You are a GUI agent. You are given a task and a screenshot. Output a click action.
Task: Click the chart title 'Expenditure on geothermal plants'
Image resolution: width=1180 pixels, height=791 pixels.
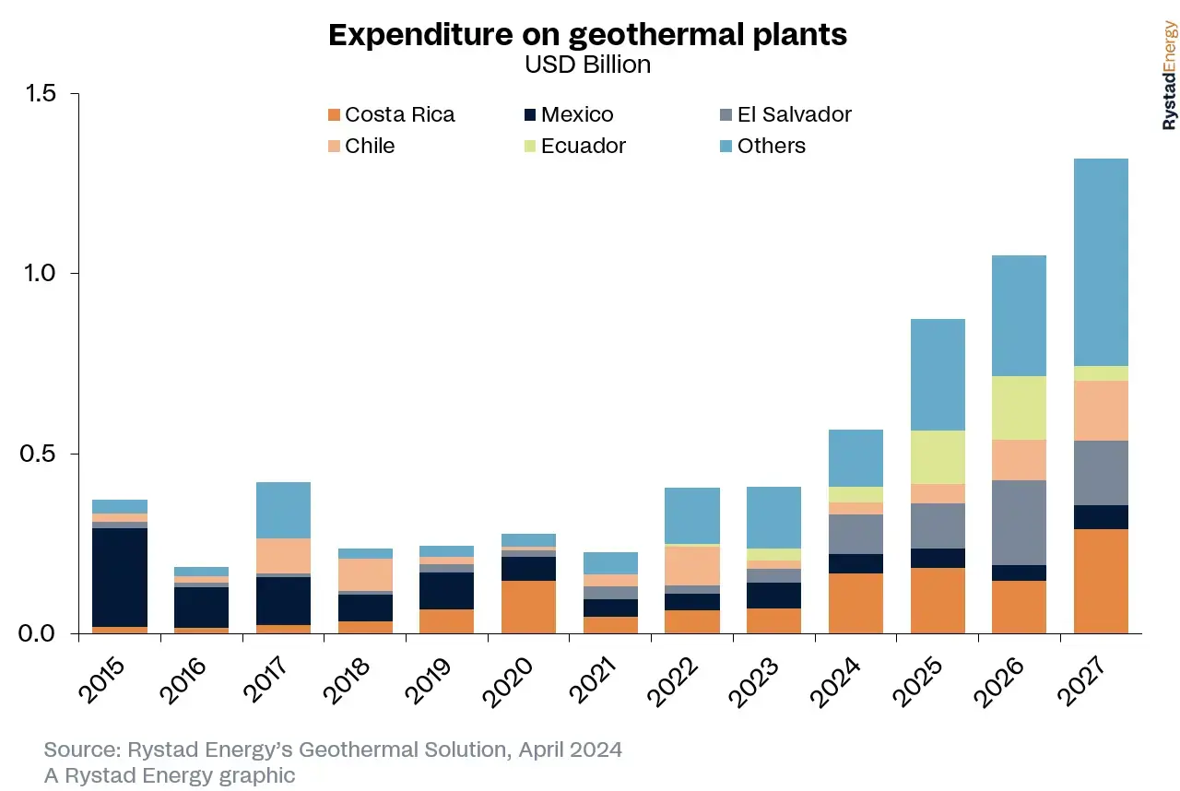587,35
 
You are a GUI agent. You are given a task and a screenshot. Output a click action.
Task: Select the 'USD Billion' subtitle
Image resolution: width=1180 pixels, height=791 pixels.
587,65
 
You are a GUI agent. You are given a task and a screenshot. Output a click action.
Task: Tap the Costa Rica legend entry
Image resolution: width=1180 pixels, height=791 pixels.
391,115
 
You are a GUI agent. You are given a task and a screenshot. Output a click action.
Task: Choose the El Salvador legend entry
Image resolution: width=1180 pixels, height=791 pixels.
785,115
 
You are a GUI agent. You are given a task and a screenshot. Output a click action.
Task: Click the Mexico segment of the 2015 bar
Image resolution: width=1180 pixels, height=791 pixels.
120,577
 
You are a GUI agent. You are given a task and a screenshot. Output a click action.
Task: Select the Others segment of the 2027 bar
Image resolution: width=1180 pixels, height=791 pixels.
1101,263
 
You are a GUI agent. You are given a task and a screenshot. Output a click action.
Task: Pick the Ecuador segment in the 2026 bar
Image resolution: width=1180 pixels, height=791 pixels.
1019,407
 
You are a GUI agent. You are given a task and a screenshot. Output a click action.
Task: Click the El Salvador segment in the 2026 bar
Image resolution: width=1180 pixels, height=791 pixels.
1019,523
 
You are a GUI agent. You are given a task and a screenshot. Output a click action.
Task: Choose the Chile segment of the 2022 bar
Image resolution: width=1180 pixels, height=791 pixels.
692,565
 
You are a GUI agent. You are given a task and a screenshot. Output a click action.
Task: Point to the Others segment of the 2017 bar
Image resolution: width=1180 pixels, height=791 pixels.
283,510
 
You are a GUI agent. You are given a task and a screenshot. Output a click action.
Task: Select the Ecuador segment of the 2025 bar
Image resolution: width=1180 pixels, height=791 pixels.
938,457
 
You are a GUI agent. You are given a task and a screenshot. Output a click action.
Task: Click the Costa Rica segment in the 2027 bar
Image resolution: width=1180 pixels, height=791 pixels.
1101,581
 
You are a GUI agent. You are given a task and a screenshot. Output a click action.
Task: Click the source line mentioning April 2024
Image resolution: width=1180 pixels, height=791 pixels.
333,750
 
